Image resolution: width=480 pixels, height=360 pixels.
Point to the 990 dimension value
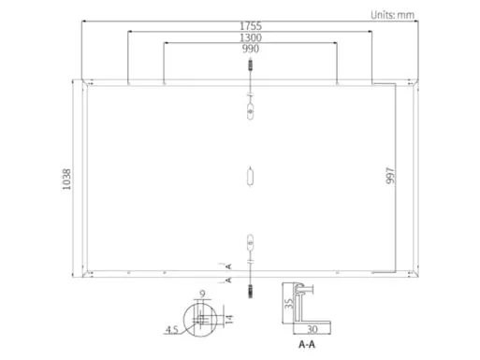tap(249, 49)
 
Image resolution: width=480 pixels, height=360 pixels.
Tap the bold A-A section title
tap(306, 344)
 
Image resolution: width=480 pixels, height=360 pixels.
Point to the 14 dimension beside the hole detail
tap(228, 320)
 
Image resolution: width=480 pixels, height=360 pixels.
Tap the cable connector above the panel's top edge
tap(249, 67)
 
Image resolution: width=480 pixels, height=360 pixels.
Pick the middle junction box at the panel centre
tap(249, 176)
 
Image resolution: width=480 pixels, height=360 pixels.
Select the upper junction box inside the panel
tap(249, 109)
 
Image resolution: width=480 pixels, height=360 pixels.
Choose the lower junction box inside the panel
tap(249, 242)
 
